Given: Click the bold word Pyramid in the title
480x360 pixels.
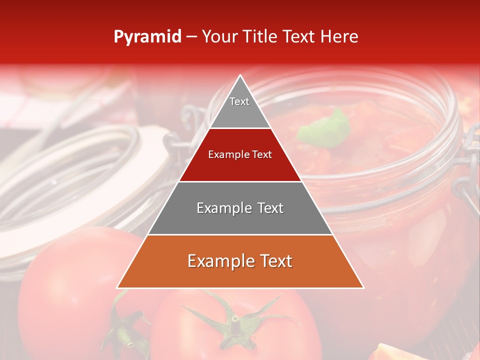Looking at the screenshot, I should click(x=147, y=37).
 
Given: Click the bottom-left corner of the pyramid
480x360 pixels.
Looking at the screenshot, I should click(x=118, y=287).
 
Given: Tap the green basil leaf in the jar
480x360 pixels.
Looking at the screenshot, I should click(x=325, y=127).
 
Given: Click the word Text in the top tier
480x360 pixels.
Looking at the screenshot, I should click(x=239, y=101).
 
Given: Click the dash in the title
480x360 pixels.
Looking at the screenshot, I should click(x=191, y=37).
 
